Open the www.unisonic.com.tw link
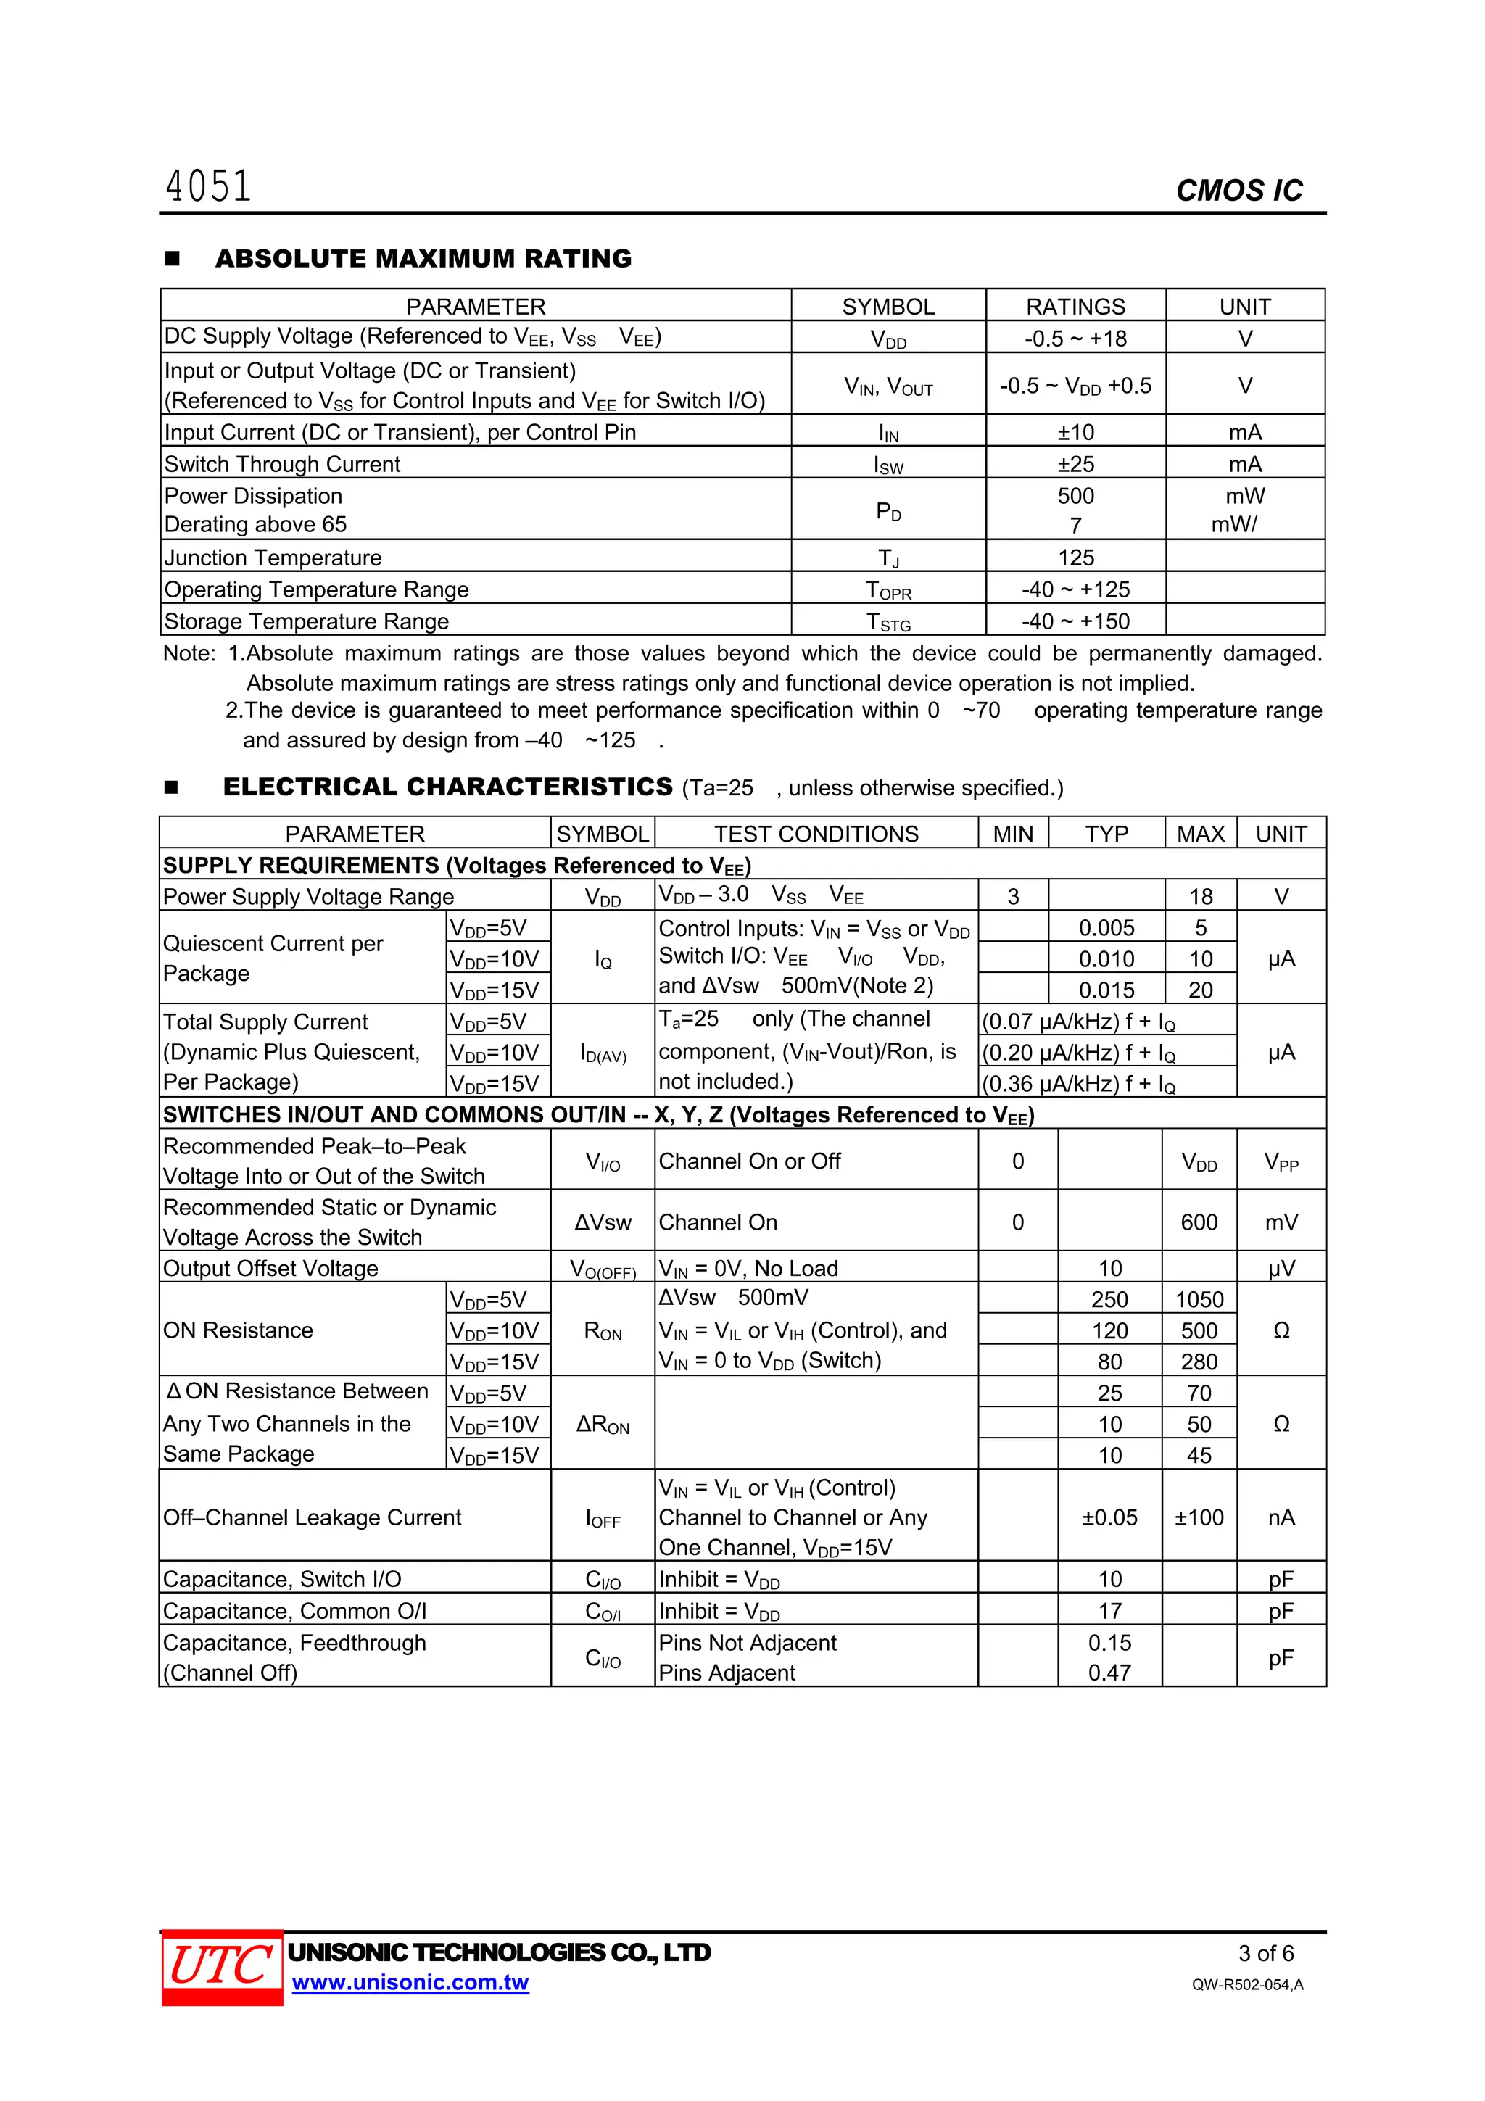pyautogui.click(x=410, y=1983)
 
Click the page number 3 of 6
pyautogui.click(x=1265, y=1953)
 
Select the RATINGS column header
pyautogui.click(x=1075, y=307)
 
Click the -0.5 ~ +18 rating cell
pyautogui.click(x=1075, y=339)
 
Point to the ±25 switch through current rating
pyautogui.click(x=1075, y=464)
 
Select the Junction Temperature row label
pyautogui.click(x=273, y=558)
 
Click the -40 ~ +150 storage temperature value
pyautogui.click(x=1075, y=621)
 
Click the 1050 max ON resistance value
pyautogui.click(x=1199, y=1299)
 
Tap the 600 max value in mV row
pyautogui.click(x=1199, y=1222)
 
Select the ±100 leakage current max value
pyautogui.click(x=1199, y=1517)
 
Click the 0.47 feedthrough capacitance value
pyautogui.click(x=1109, y=1673)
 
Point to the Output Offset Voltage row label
pyautogui.click(x=271, y=1268)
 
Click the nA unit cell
pyautogui.click(x=1281, y=1517)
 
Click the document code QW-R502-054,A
pyautogui.click(x=1247, y=1985)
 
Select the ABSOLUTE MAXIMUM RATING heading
pyautogui.click(x=423, y=259)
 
